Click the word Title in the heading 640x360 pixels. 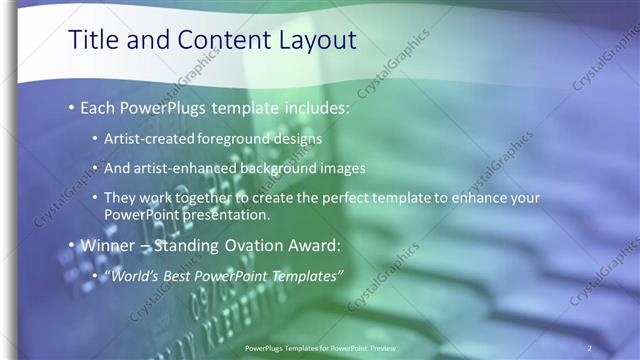coord(92,40)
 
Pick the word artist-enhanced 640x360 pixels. coord(190,168)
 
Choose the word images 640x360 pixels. coord(345,168)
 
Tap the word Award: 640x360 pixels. coord(320,245)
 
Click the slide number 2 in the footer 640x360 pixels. coord(590,348)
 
